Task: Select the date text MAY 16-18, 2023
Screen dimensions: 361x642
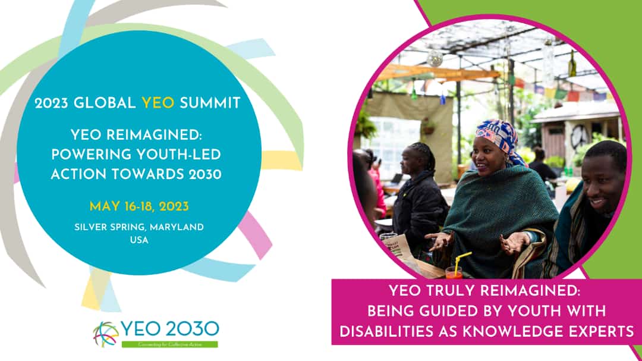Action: tap(139, 207)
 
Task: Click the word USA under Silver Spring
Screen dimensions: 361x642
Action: tap(139, 240)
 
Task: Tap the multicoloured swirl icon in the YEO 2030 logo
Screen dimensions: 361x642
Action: tap(106, 334)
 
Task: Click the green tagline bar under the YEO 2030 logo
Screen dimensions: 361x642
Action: tap(169, 344)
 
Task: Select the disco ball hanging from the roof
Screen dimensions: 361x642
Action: tap(435, 58)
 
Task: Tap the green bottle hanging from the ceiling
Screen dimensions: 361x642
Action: tap(572, 65)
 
